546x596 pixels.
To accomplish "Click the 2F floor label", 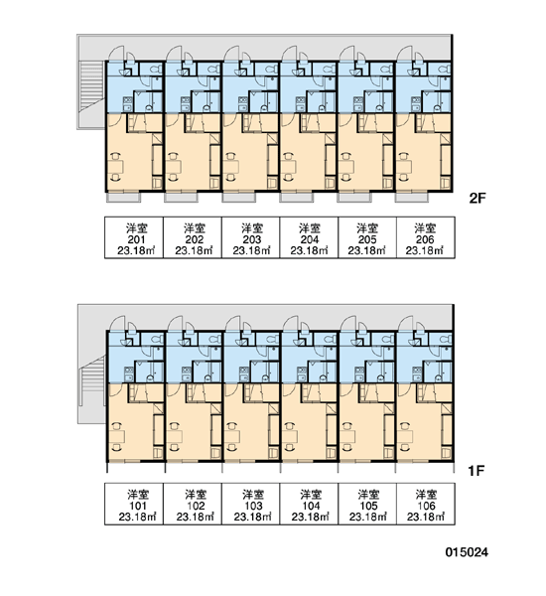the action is click(x=478, y=198).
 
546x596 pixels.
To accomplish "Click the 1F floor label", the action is click(x=477, y=471).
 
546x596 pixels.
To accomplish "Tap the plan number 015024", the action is click(x=467, y=552).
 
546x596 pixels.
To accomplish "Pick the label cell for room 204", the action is click(x=309, y=238).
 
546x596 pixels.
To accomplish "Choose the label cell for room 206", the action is click(x=426, y=238).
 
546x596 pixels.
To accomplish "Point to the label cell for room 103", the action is click(x=251, y=504).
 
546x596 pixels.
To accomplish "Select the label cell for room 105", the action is click(x=367, y=504).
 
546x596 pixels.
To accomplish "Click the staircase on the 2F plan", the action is click(x=91, y=87).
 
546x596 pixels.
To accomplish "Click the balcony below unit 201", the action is click(x=123, y=198).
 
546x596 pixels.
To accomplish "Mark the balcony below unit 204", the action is click(x=297, y=198).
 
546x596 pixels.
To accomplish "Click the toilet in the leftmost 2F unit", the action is click(x=156, y=70).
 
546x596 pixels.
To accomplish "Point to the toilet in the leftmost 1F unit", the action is click(x=156, y=339).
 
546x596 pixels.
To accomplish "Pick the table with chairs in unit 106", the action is click(x=405, y=436).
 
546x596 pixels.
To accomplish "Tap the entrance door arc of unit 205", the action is click(x=347, y=54).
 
